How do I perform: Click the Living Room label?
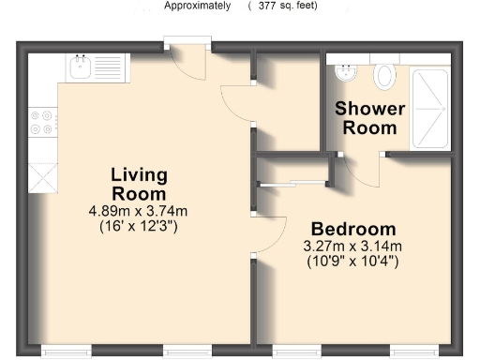[x=139, y=184]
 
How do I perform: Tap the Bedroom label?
[x=353, y=230]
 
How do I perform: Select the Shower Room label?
[x=370, y=118]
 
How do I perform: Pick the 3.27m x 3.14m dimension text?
[x=352, y=247]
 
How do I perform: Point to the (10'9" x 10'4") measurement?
[x=352, y=262]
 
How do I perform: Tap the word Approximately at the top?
[x=197, y=6]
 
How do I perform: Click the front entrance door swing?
[x=191, y=62]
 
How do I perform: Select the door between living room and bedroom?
[x=268, y=233]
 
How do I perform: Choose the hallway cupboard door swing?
[x=235, y=100]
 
